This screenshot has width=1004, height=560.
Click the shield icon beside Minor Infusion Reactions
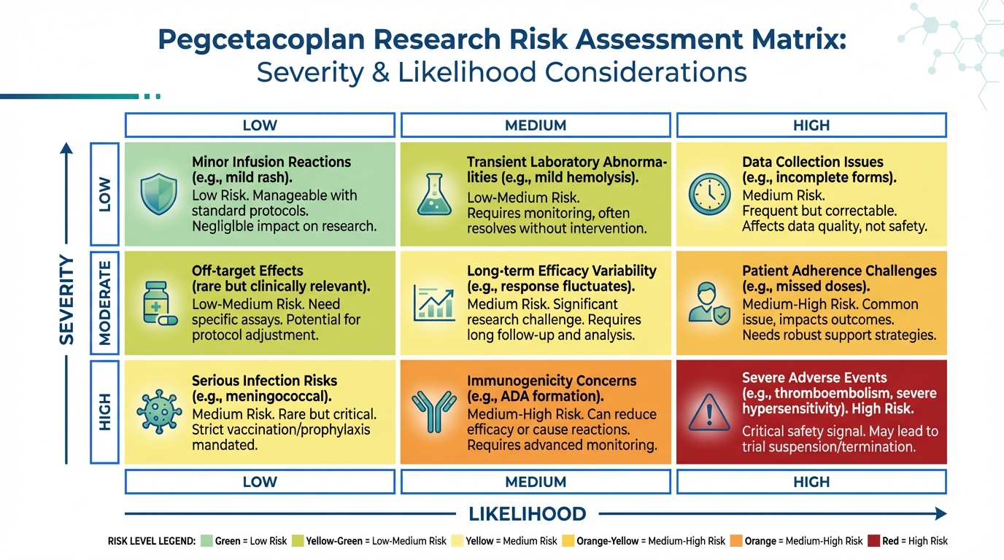click(x=158, y=193)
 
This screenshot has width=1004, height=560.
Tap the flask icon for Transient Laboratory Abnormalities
click(x=434, y=193)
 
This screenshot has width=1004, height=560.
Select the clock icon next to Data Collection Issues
click(x=709, y=194)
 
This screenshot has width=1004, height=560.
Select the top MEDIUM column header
click(x=536, y=125)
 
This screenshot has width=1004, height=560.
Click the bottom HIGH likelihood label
click(x=811, y=482)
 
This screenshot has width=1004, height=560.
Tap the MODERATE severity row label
click(x=104, y=303)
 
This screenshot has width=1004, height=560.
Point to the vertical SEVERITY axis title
click(x=66, y=300)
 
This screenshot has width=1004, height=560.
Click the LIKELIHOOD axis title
click(x=527, y=514)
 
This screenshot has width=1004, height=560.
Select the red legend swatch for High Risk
click(x=872, y=541)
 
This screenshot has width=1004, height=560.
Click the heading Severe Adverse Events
click(x=804, y=378)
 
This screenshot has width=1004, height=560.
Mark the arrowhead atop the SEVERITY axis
click(x=66, y=148)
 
